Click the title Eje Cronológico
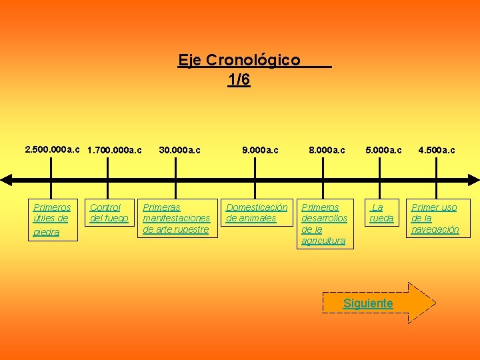pos(239,61)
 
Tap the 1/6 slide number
pos(239,80)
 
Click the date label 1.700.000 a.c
pos(115,151)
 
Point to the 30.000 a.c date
pos(179,151)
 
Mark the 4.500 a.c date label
pos(436,151)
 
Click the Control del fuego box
pos(109,213)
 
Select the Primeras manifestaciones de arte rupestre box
pos(177,218)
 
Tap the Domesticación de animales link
pos(257,213)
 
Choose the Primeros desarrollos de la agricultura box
pos(325,223)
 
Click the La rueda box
pos(381,213)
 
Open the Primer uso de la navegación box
pos(435,218)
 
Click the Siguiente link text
pos(368,303)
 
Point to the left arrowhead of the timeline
pos(6,179)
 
